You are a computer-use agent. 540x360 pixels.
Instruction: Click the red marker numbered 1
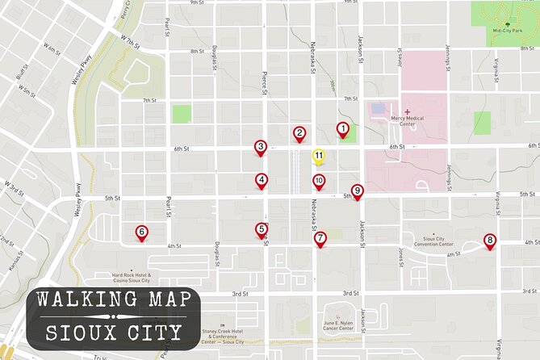tap(343, 129)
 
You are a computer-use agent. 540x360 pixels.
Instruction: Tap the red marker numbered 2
tap(299, 134)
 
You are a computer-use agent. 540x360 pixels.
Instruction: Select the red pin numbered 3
tap(260, 147)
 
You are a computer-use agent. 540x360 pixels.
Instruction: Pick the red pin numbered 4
tap(262, 180)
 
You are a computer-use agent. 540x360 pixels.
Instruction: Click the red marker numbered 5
tap(262, 230)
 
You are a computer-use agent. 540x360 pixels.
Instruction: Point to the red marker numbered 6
tap(141, 232)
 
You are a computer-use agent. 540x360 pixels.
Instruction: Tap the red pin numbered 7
tap(320, 238)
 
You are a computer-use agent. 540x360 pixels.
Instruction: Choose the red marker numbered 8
tap(489, 241)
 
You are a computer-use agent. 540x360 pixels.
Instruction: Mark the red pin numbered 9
tap(357, 190)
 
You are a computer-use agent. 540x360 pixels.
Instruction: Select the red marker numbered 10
tap(319, 182)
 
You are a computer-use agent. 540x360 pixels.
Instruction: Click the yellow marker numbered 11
tap(319, 156)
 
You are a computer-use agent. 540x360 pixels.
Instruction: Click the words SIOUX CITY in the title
tap(114, 332)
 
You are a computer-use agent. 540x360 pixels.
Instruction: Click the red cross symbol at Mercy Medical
tap(407, 111)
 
